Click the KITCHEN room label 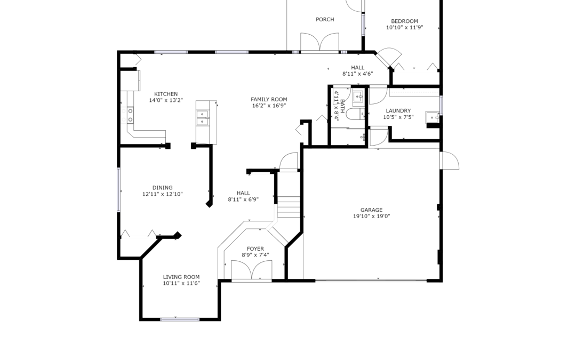pos(166,94)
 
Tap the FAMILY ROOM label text pos(269,99)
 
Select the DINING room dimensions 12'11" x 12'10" pos(162,194)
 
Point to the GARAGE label pos(371,210)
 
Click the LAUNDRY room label pos(398,110)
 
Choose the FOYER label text pos(255,249)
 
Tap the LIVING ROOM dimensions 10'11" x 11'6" pos(181,283)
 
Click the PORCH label pos(325,20)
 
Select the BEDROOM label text pos(404,21)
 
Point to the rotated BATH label pos(342,106)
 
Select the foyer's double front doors pos(252,270)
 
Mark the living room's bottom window pos(180,319)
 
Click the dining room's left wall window pos(118,189)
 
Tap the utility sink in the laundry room pos(433,117)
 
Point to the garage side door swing pos(450,161)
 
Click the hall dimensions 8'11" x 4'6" pos(358,74)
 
